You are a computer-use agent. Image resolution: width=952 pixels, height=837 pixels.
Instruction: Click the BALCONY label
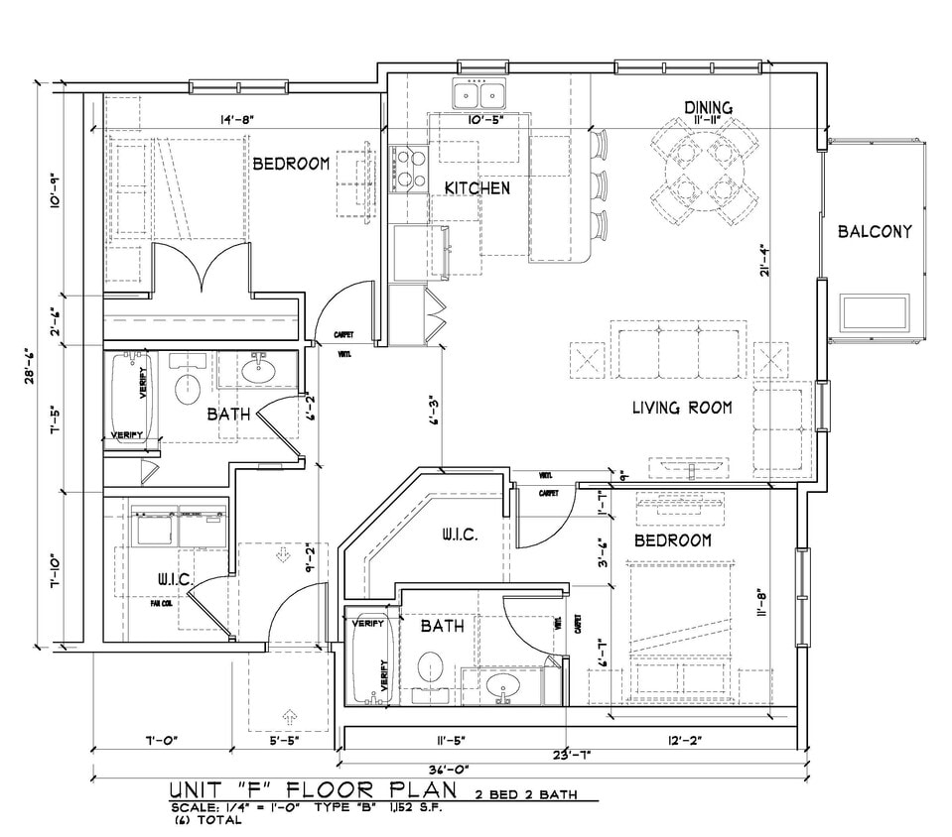tap(874, 231)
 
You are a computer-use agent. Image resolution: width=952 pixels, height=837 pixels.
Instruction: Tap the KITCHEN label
tap(476, 187)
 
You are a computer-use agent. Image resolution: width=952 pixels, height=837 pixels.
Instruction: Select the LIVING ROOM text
tap(682, 407)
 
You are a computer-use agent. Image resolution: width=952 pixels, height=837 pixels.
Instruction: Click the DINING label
tap(708, 107)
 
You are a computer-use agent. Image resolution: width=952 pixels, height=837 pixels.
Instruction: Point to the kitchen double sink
tap(478, 95)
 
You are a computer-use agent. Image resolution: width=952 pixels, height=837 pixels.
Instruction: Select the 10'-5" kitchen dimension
tap(483, 120)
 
